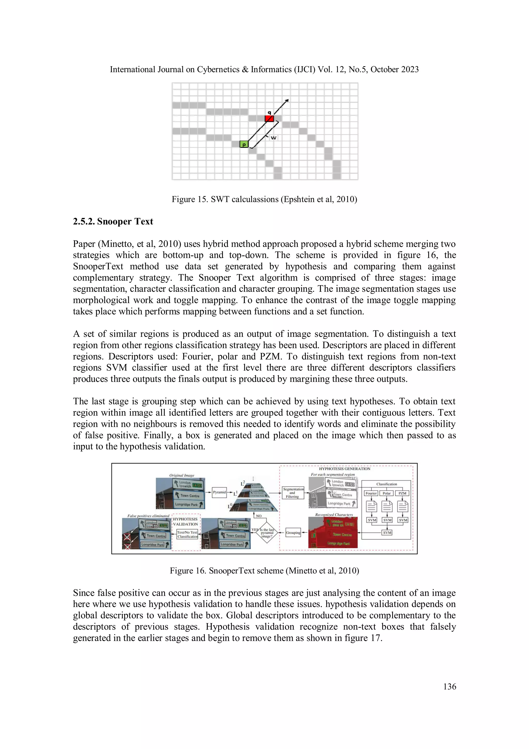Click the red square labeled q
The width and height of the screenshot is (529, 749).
269,118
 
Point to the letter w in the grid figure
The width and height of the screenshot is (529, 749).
273,138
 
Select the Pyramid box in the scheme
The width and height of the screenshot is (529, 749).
219,492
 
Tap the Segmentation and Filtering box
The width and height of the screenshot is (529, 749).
292,493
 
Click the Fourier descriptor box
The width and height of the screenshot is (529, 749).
371,493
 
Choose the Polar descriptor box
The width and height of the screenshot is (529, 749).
387,493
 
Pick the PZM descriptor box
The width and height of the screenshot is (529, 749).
402,493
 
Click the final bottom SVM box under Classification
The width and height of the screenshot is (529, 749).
387,532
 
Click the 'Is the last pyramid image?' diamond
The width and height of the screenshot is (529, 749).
267,533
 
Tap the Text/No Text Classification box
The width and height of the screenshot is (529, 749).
188,534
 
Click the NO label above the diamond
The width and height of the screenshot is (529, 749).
259,516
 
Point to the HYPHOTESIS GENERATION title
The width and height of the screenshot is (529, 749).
345,469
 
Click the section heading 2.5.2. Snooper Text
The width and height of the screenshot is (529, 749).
113,222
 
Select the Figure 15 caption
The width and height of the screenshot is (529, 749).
264,199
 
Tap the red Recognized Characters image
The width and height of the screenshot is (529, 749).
333,533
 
